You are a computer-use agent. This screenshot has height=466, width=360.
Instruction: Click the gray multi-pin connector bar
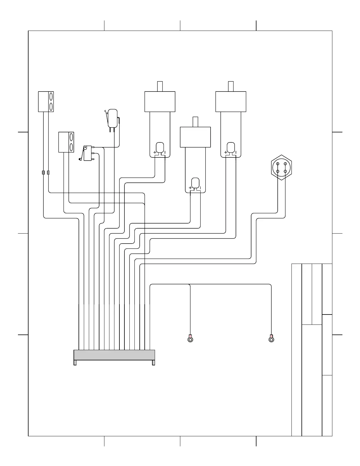(x=114, y=355)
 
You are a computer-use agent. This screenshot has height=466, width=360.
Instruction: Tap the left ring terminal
(x=190, y=340)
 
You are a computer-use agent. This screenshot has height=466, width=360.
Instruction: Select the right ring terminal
(x=271, y=339)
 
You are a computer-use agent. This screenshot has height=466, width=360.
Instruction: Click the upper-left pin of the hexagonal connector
(x=278, y=164)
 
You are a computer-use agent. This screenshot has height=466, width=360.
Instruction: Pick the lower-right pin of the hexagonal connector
(x=285, y=171)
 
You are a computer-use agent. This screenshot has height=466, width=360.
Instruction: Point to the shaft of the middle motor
(x=195, y=122)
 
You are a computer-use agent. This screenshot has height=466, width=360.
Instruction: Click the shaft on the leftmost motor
(x=160, y=86)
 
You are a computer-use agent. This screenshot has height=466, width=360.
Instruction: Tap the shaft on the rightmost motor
(x=231, y=86)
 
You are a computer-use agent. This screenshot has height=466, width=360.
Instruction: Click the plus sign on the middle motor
(x=190, y=188)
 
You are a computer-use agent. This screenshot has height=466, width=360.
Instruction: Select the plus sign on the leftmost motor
(x=154, y=152)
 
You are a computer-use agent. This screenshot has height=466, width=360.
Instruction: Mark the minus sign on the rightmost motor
(x=236, y=152)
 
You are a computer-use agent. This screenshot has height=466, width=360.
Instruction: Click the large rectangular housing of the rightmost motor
(x=231, y=101)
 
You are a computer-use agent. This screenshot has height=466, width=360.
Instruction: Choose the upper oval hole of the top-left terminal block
(x=51, y=96)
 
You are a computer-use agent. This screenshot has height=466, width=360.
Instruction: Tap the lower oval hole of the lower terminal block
(x=71, y=147)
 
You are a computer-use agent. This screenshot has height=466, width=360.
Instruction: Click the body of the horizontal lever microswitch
(x=87, y=153)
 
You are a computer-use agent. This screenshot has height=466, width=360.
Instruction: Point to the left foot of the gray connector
(x=75, y=362)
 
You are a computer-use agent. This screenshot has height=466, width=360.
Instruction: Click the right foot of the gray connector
(x=154, y=362)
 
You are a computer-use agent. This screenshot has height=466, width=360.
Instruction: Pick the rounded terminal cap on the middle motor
(x=195, y=182)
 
